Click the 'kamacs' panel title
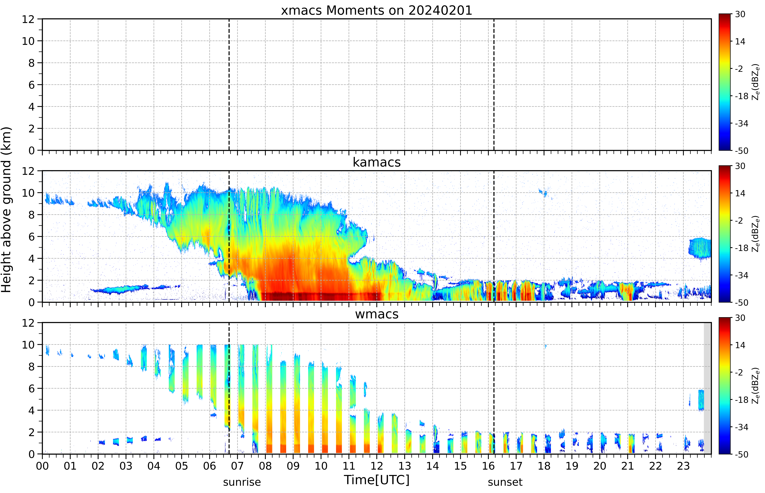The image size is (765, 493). click(x=377, y=162)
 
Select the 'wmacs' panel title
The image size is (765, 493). click(x=377, y=314)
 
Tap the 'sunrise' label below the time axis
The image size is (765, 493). click(x=242, y=482)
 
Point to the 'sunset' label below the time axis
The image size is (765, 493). click(x=505, y=482)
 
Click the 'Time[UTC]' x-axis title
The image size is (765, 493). click(x=377, y=480)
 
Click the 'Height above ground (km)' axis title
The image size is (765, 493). click(x=6, y=210)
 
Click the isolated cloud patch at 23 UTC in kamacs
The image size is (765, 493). click(x=700, y=248)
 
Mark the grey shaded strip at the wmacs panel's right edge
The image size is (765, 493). click(x=707, y=388)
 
